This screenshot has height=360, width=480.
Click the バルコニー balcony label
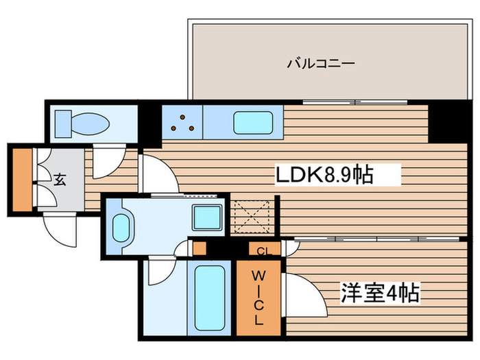321,63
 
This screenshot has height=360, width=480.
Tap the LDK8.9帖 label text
325,175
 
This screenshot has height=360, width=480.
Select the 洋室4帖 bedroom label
380,293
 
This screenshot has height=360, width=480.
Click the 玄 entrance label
60,180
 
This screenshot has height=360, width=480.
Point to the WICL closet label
259,298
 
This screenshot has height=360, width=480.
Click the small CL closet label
264,252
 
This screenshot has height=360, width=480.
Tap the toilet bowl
91,124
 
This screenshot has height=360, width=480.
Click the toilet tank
63,124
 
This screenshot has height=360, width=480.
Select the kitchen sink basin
253,123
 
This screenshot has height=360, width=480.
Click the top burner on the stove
182,117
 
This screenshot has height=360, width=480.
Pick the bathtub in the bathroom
210,298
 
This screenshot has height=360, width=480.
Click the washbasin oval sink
121,228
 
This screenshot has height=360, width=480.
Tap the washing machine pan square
207,217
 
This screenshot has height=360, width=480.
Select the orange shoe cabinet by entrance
23,180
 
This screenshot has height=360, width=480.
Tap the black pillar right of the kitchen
448,121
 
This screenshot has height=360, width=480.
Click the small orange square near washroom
200,248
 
